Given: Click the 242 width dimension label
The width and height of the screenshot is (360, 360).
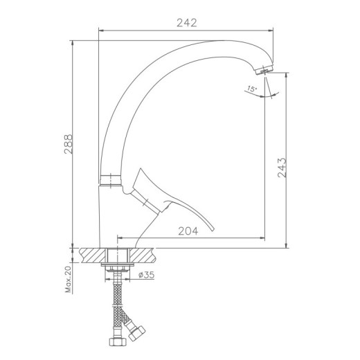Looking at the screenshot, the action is coord(187,23).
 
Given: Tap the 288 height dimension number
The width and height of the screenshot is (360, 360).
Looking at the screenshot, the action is coord(69,144).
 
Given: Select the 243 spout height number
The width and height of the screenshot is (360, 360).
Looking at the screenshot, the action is coord(282,168).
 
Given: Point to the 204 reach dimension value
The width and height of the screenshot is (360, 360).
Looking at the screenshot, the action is coord(188,231).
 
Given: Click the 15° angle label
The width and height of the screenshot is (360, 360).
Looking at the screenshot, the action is coord(252,89).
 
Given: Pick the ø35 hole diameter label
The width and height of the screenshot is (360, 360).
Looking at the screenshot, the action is coord(146,275).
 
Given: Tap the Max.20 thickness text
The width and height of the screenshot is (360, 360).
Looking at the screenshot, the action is coord(69,280).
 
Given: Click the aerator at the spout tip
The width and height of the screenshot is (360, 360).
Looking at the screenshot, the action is coord(264,69).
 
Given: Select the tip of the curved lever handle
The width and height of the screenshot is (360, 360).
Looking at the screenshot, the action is coord(213,230).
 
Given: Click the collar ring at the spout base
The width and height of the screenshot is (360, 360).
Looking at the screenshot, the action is coord(111,180).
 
